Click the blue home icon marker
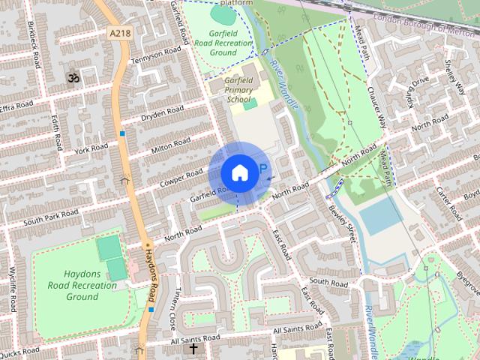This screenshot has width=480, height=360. click(x=238, y=172)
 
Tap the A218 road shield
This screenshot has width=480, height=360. click(x=119, y=33)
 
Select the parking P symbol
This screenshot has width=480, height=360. click(x=262, y=170)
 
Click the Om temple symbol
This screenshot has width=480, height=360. click(x=73, y=77)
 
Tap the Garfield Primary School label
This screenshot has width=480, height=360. click(x=239, y=89)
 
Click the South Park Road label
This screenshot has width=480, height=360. click(x=50, y=218)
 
